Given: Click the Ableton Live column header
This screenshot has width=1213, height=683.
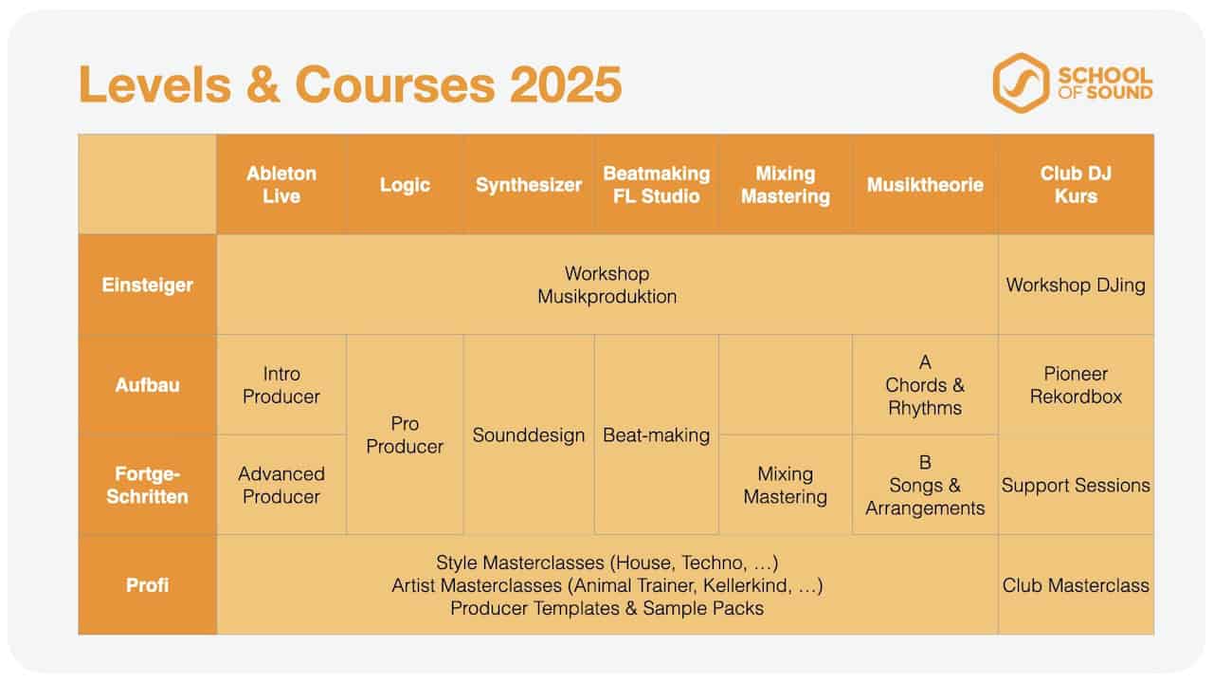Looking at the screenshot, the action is click(281, 185).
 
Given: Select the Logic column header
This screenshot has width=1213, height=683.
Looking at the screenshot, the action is click(405, 185).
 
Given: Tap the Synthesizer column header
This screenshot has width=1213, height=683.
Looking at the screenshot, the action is click(529, 185).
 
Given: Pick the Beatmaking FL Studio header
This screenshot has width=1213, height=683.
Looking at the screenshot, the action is click(657, 185).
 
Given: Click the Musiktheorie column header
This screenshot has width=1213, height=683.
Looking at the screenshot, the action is click(925, 185).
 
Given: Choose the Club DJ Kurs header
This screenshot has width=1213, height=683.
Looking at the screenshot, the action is click(1076, 185).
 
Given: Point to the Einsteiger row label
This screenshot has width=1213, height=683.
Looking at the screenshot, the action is click(147, 286).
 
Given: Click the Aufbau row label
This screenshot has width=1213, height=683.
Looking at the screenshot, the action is click(147, 385).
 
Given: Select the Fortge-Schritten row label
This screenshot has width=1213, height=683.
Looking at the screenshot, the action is click(147, 485).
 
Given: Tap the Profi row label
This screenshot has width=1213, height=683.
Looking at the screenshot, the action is click(147, 585).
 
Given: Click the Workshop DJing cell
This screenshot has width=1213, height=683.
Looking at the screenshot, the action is click(1076, 286).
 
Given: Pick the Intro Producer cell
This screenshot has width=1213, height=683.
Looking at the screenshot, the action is click(281, 385).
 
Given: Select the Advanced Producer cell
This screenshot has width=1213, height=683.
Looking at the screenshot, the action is click(281, 485).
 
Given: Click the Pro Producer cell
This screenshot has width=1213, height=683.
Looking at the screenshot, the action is click(405, 434).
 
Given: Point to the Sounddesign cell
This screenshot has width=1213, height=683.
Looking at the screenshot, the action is click(529, 435).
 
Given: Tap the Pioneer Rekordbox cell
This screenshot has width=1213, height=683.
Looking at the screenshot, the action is click(1076, 385).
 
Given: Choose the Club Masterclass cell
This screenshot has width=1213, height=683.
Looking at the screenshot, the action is click(1076, 585).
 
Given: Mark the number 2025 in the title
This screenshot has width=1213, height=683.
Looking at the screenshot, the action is click(566, 84).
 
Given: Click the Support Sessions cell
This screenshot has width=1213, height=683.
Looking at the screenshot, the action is click(1076, 485).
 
